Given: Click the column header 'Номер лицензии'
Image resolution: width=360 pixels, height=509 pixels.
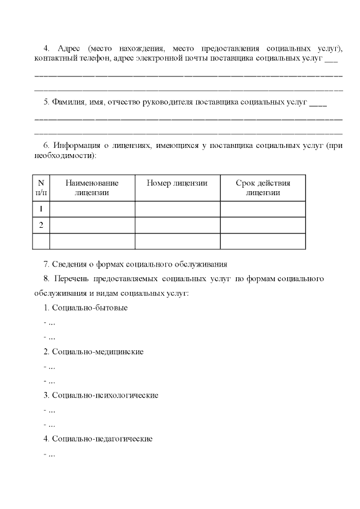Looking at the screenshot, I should [x=177, y=183].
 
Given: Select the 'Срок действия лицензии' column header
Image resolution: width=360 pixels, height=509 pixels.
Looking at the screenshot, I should [x=263, y=187].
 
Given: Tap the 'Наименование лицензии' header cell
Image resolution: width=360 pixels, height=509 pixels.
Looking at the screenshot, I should [x=92, y=187].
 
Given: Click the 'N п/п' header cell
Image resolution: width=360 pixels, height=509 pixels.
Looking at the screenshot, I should [x=41, y=187].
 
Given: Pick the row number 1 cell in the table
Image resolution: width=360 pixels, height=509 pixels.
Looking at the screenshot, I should [x=41, y=209].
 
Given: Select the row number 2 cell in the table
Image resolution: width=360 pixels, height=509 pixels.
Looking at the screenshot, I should [x=41, y=225].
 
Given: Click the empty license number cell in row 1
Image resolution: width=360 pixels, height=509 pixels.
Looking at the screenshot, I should [x=177, y=209].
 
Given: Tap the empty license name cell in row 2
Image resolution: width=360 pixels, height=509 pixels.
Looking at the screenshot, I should [x=92, y=225].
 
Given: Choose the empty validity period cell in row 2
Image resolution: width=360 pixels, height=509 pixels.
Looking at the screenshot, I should [x=263, y=225].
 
